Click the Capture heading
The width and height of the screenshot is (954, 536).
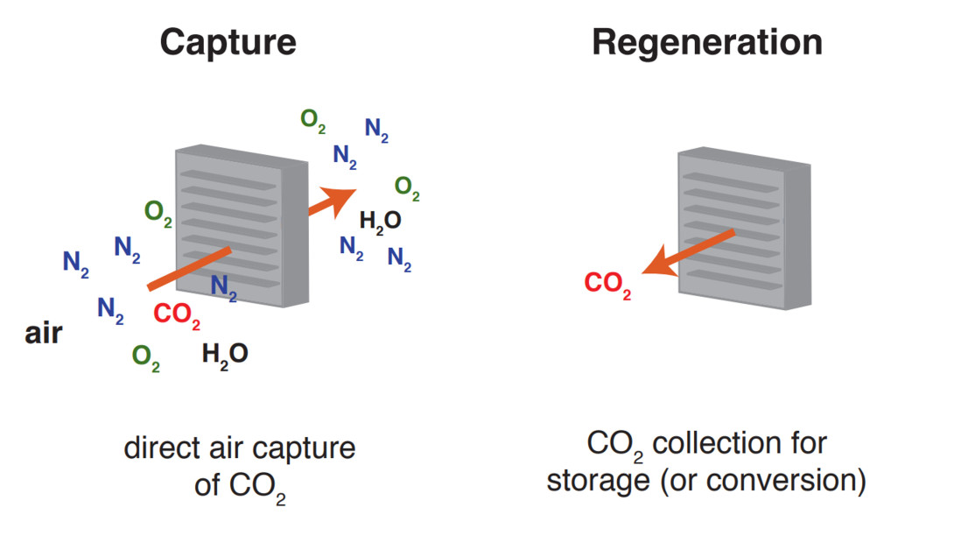(228, 41)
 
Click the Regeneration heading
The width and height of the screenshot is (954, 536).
(707, 41)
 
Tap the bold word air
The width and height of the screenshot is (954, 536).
(43, 334)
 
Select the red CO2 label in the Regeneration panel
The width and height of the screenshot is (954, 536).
(607, 285)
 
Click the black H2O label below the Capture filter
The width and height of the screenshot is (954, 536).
(225, 355)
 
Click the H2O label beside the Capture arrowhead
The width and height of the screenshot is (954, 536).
(380, 221)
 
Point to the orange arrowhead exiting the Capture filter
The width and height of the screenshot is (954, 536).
(341, 196)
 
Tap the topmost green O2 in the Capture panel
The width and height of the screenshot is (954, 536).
(312, 120)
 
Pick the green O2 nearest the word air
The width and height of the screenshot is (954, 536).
(145, 356)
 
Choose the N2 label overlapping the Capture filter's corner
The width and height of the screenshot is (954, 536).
(223, 286)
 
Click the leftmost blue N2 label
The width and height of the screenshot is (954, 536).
(75, 263)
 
